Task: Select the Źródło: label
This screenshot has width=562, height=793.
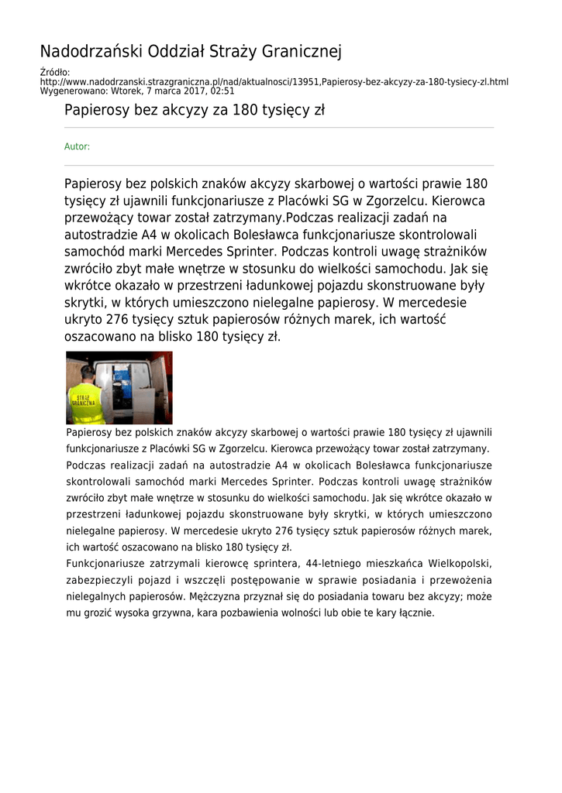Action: (x=55, y=73)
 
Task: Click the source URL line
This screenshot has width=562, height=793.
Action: (x=274, y=81)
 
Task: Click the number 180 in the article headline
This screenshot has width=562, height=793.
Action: (x=246, y=110)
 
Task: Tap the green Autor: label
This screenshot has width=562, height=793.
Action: (x=77, y=146)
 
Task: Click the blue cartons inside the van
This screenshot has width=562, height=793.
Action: (x=124, y=387)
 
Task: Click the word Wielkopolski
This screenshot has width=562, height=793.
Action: (x=456, y=563)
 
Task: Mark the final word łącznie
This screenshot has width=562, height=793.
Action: (x=415, y=613)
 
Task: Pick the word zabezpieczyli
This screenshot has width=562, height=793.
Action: (x=101, y=580)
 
